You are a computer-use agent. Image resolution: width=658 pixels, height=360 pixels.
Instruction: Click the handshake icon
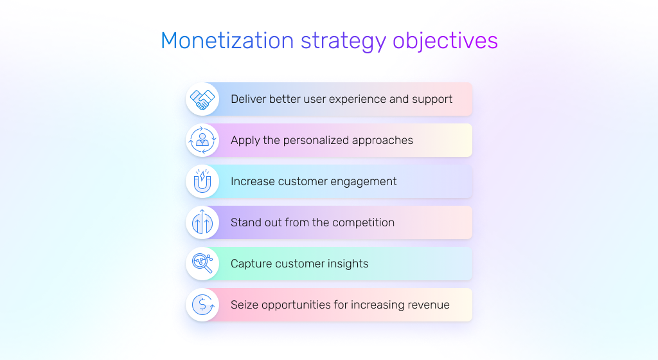click(x=202, y=99)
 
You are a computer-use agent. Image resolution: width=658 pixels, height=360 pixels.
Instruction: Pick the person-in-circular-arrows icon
click(x=202, y=140)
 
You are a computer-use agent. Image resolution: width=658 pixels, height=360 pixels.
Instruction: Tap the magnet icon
click(x=202, y=181)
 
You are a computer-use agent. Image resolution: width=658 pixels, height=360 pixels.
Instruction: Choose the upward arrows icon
click(x=202, y=222)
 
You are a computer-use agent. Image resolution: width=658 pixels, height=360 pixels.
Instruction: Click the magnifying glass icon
click(x=202, y=264)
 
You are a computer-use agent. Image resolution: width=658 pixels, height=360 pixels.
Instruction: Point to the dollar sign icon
click(x=202, y=305)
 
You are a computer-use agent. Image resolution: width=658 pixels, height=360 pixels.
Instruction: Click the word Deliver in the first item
click(x=248, y=99)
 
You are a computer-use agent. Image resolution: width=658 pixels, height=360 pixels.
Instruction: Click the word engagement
click(x=364, y=181)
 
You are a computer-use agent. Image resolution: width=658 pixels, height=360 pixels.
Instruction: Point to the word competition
click(x=362, y=222)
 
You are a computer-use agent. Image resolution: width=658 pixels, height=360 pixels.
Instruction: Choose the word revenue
click(x=427, y=305)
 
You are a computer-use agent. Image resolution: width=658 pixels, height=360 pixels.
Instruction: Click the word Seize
click(x=245, y=305)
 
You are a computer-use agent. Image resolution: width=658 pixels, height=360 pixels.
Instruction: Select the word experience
click(x=355, y=99)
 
